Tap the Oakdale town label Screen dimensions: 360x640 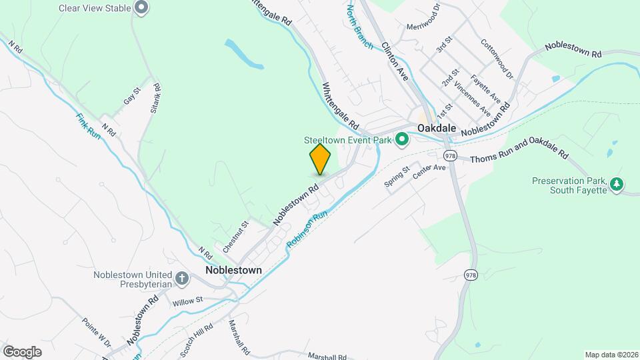pos(437,127)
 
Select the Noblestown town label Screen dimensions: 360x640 pos(233,270)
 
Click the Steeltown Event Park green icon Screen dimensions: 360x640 pos(401,140)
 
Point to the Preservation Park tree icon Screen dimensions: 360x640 pos(617,183)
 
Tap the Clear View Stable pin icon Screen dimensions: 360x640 pos(141,7)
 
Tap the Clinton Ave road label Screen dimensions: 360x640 pos(394,62)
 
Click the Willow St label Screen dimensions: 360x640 pos(187,301)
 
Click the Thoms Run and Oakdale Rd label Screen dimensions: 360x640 pos(519,158)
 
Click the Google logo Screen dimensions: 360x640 pos(22,351)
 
